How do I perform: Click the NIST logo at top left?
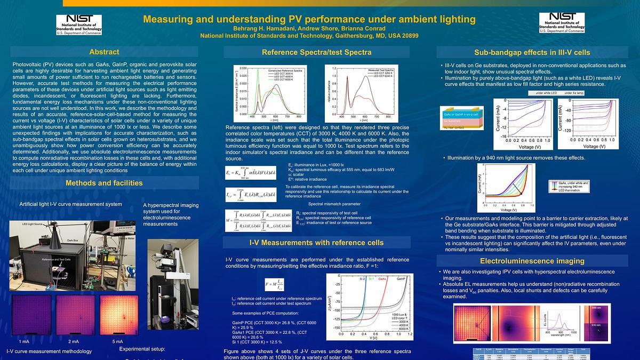81,25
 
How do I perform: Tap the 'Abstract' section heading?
104,52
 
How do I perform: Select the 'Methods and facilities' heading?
104,183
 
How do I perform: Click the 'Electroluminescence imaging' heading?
538,261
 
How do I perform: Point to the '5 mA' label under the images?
117,341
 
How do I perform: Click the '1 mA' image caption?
24,341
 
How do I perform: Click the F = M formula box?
278,285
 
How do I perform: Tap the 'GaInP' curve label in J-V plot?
403,279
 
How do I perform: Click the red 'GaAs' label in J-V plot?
383,279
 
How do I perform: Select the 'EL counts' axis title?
545,319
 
